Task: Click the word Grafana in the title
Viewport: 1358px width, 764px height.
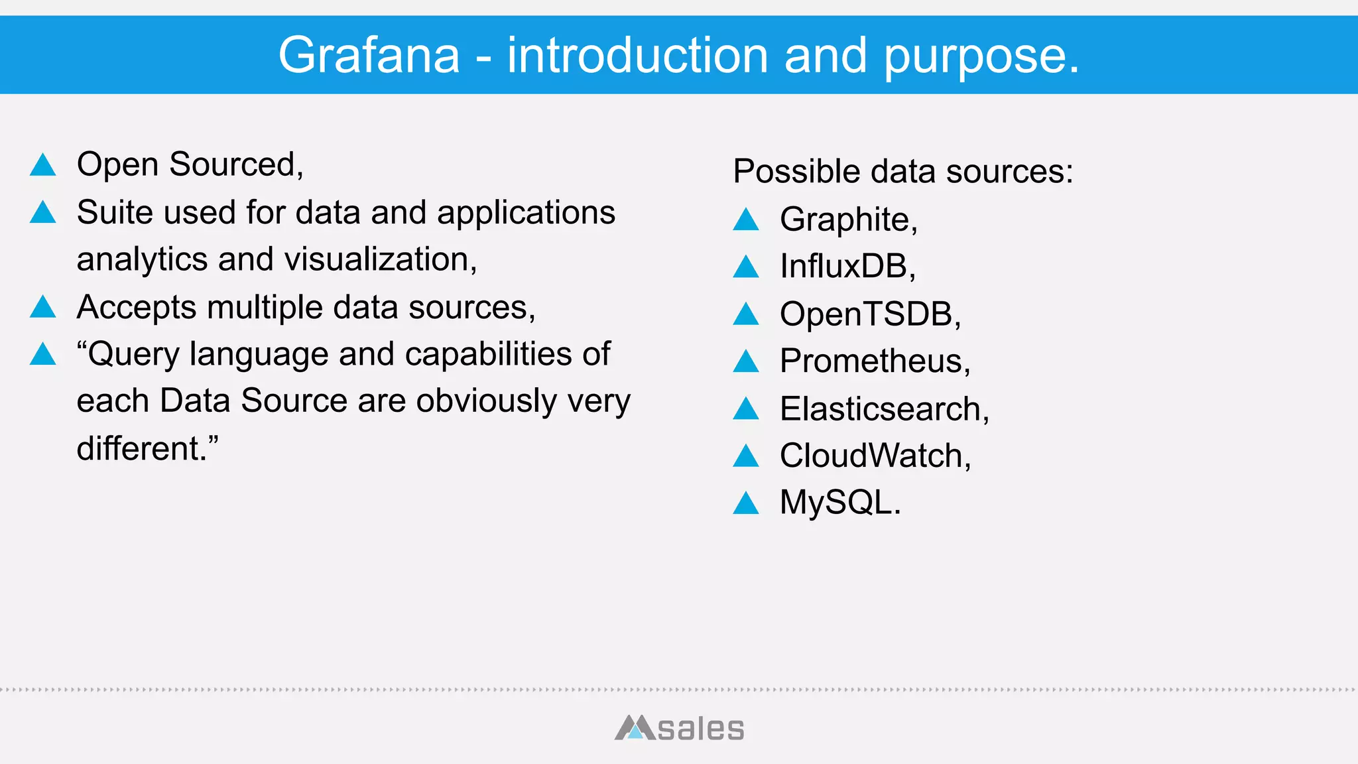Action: [x=369, y=56]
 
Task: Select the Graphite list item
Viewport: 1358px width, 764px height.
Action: [x=848, y=220]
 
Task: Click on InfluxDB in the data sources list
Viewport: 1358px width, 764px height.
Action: [x=847, y=267]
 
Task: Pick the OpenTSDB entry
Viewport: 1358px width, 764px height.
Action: [x=869, y=314]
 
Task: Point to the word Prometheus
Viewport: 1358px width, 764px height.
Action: [x=874, y=361]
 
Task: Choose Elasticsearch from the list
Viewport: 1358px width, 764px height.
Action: [x=884, y=409]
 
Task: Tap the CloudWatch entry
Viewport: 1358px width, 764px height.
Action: [x=875, y=456]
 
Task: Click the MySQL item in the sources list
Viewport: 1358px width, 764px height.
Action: [x=839, y=503]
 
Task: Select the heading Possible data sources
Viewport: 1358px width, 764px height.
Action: [x=902, y=172]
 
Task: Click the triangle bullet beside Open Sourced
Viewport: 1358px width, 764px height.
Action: [x=43, y=165]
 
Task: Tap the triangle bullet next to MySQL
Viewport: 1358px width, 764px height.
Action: [x=746, y=503]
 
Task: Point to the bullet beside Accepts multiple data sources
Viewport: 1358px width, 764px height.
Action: [x=43, y=307]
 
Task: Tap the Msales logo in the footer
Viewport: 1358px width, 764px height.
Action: [x=679, y=728]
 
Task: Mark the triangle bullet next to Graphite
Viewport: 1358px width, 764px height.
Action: [x=746, y=220]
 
